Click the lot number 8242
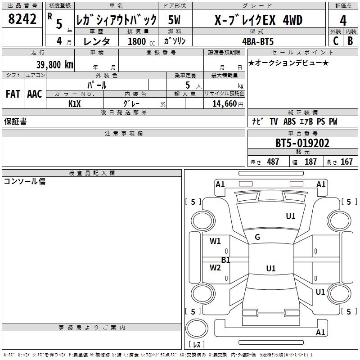[22, 19]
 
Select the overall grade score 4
[343, 20]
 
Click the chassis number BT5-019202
[302, 143]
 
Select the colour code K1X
[75, 104]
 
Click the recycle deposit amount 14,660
[222, 104]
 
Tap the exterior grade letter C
[335, 41]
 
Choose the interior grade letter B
[350, 41]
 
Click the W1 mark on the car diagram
[215, 241]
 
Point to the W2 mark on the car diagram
[215, 268]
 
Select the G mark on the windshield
[257, 237]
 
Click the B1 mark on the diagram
[226, 260]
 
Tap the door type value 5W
[175, 20]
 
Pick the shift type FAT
[13, 94]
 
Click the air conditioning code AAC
[35, 94]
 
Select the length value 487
[273, 162]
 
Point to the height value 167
[346, 162]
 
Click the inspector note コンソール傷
[24, 181]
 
